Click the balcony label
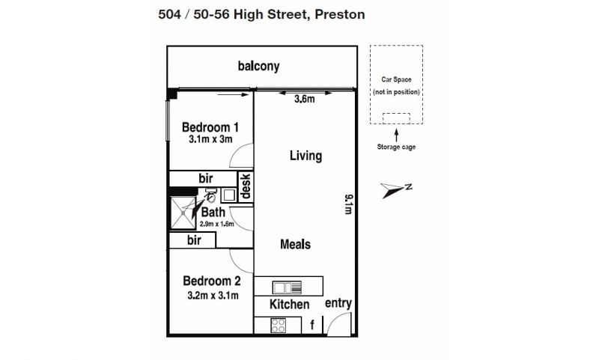click(258, 66)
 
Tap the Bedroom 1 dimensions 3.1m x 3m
click(210, 139)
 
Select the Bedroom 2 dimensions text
click(213, 295)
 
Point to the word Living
click(305, 156)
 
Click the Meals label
click(295, 244)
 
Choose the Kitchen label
click(289, 305)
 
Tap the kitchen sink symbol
click(287, 287)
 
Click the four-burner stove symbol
click(278, 326)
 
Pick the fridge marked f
click(312, 325)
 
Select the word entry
click(338, 303)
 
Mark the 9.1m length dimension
click(348, 204)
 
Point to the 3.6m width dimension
click(305, 100)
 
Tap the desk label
click(246, 186)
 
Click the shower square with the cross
click(183, 213)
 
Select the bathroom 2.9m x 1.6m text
click(216, 224)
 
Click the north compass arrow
click(392, 190)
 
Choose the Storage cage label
click(396, 147)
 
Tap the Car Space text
click(397, 79)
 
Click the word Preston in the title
click(340, 14)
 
